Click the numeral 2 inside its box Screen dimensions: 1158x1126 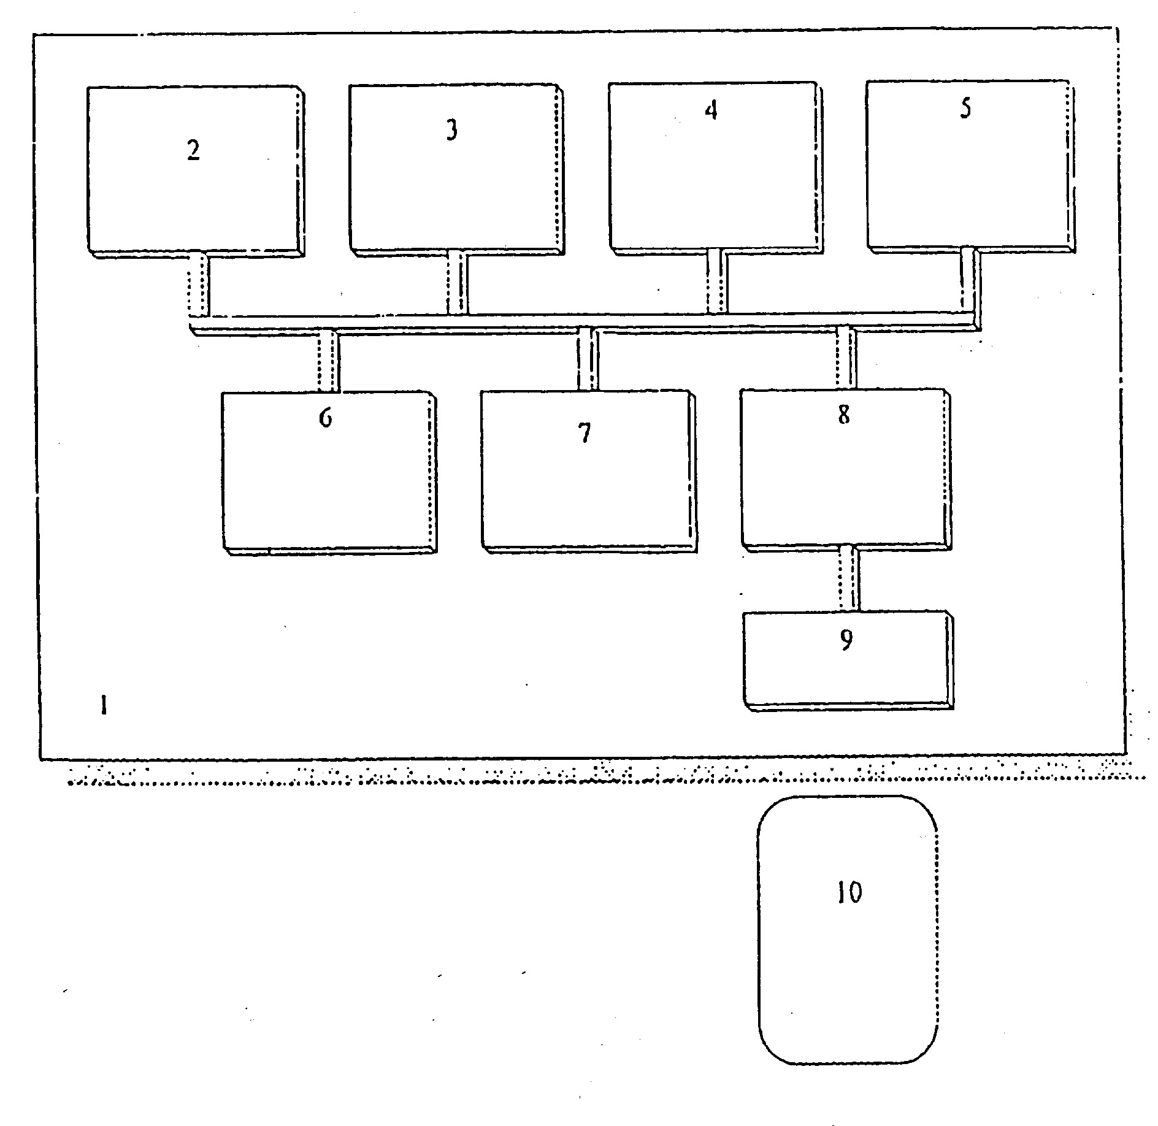[194, 151]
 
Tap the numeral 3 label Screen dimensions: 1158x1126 [451, 131]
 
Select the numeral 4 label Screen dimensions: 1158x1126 [711, 110]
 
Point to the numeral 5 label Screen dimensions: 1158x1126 [965, 108]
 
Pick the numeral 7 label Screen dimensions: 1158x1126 [585, 433]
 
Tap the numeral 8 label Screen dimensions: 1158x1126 [844, 415]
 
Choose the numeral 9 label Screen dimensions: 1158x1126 [846, 640]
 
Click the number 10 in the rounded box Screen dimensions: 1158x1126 [850, 893]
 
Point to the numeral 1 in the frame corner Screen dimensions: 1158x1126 [104, 706]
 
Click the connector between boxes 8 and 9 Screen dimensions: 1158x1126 [849, 578]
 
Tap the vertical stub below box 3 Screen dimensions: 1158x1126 [458, 282]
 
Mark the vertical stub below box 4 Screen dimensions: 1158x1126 [717, 281]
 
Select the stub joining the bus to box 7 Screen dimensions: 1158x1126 [588, 359]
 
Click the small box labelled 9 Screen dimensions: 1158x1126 [848, 662]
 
